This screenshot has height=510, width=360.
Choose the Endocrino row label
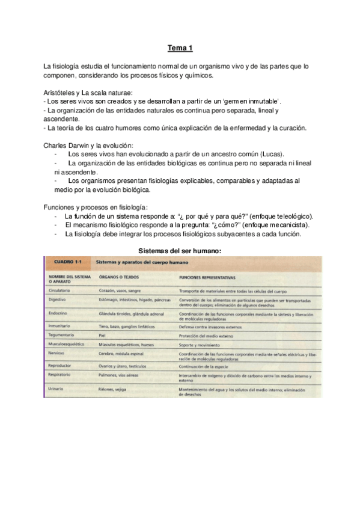tap(59, 313)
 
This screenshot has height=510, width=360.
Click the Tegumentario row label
tap(63, 334)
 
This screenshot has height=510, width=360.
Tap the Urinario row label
tap(57, 373)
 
